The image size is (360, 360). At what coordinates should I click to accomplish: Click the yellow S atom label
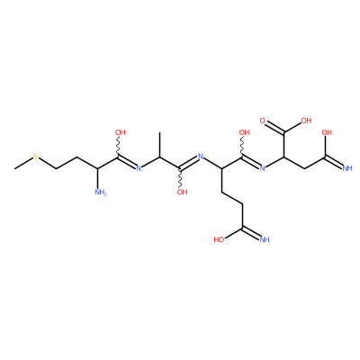[x=35, y=157]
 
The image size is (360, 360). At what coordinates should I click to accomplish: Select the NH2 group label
[x=101, y=193]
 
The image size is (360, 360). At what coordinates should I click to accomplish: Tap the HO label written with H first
[x=220, y=239]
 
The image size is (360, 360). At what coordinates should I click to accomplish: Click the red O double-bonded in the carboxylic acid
[x=263, y=121]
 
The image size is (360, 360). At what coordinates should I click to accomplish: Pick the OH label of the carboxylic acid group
[x=306, y=121]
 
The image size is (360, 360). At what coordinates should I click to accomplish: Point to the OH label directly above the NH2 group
[x=120, y=132]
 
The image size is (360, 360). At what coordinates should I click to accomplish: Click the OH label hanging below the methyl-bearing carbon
[x=182, y=192]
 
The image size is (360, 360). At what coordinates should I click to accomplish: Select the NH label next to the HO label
[x=264, y=239]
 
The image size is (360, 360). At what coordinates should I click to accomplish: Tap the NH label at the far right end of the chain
[x=347, y=168]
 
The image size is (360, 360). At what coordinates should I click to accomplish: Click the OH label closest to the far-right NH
[x=327, y=132]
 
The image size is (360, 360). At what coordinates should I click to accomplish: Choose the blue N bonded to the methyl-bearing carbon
[x=139, y=168]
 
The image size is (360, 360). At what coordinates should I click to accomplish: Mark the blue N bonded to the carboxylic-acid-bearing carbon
[x=263, y=168]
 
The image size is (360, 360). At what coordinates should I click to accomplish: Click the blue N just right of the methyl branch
[x=201, y=157]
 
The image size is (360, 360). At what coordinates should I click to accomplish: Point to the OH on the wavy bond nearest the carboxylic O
[x=244, y=132]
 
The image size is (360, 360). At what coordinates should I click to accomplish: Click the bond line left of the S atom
[x=23, y=163]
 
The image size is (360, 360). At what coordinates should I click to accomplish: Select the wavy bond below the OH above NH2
[x=119, y=147]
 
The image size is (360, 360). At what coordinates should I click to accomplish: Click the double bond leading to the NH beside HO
[x=249, y=233]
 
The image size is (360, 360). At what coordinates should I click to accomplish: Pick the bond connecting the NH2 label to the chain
[x=98, y=178]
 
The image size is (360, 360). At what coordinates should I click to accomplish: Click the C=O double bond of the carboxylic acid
[x=274, y=127]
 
